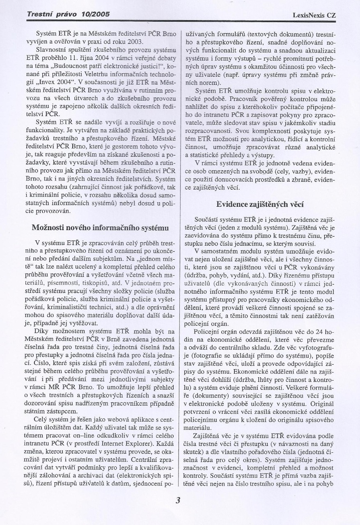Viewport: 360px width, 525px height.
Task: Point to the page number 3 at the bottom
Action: tap(178, 500)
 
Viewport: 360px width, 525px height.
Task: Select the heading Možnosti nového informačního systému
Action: tap(100, 228)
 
